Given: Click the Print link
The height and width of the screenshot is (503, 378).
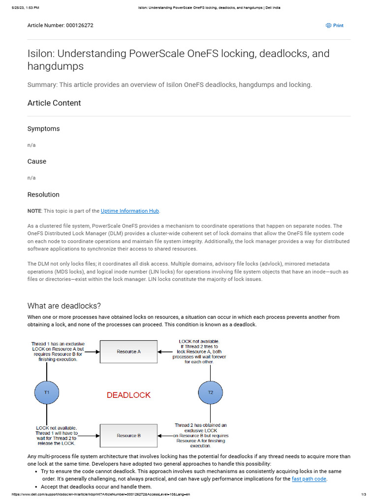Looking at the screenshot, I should point(338,26).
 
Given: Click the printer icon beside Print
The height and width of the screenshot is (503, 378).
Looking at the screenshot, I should point(329,26).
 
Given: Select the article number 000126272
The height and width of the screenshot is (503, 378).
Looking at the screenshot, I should point(79,26).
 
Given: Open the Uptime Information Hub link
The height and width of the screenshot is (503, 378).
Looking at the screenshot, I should point(130,211).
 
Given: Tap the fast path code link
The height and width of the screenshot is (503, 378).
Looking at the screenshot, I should point(309,479).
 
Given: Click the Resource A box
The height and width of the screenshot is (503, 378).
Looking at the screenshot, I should point(129,352).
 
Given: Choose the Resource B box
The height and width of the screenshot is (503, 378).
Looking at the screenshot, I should point(129,436).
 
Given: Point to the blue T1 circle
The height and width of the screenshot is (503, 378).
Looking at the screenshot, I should point(47,392).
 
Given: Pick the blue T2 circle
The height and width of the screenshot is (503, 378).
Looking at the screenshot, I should point(211,392).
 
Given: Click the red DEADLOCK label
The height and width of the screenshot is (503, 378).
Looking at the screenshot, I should point(129,395).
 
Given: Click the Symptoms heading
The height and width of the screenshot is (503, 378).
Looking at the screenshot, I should point(43,129).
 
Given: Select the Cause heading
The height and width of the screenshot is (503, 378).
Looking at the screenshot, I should point(37,162).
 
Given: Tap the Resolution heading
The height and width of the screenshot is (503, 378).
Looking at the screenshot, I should point(43,195).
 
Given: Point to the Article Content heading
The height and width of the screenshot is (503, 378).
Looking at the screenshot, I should point(54,103).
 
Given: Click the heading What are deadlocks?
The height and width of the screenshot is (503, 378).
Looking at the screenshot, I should point(64,306).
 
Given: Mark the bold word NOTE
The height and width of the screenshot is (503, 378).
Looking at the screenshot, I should point(34,211).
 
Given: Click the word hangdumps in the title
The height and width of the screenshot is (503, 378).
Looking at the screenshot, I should point(56,66).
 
